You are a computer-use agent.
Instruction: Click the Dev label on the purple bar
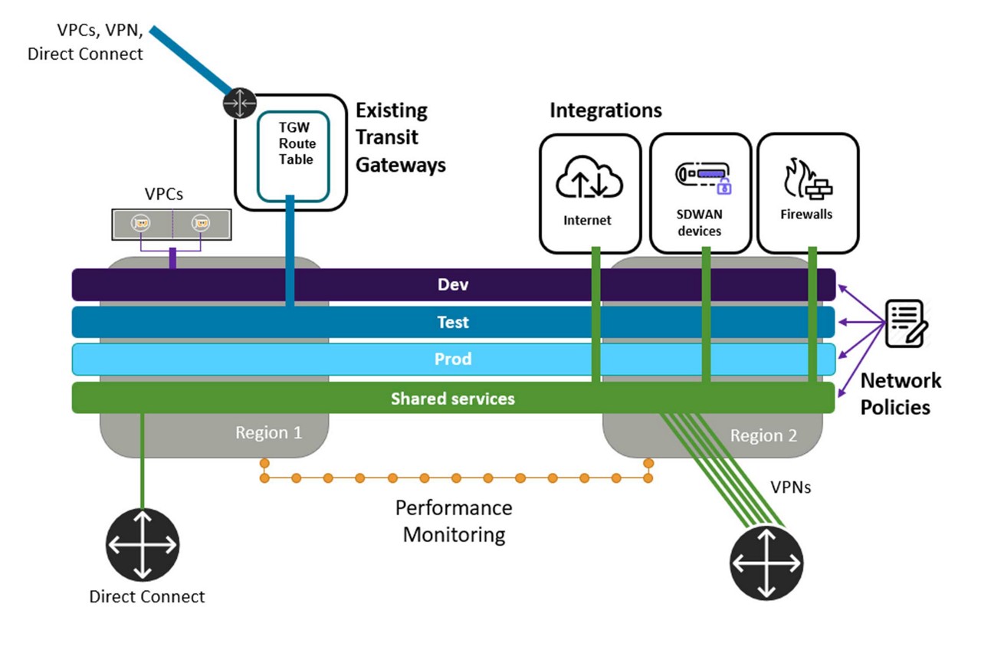(x=452, y=285)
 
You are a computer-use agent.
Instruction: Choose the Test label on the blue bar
(x=452, y=322)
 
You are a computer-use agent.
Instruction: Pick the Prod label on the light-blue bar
(x=452, y=359)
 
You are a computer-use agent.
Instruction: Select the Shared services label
(x=452, y=399)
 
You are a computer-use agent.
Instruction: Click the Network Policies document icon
(x=907, y=323)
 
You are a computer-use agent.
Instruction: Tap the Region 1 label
(x=268, y=432)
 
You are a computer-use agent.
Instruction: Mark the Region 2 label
(x=763, y=435)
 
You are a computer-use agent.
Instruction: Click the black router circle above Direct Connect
(x=143, y=545)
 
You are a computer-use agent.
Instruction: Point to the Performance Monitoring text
(x=454, y=520)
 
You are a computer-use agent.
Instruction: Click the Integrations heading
(x=605, y=110)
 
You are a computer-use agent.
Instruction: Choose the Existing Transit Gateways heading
(x=400, y=137)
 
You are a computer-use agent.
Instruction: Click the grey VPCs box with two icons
(x=172, y=224)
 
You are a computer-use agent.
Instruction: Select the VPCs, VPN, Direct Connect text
(x=85, y=42)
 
